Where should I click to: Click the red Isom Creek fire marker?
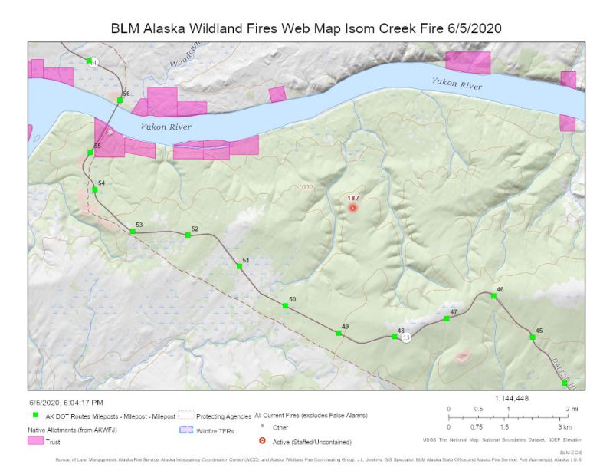click(352, 207)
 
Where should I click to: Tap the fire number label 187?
click(353, 197)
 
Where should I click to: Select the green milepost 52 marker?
click(188, 235)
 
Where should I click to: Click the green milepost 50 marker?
click(285, 306)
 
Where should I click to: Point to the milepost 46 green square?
click(493, 295)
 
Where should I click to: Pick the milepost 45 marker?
click(533, 337)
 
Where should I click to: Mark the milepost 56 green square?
click(120, 100)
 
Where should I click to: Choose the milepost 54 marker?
click(94, 189)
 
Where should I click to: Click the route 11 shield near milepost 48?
click(406, 337)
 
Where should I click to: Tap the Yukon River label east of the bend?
click(457, 84)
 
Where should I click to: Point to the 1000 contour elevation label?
click(306, 187)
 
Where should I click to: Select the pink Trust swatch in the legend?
click(35, 441)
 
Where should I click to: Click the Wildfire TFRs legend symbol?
click(185, 431)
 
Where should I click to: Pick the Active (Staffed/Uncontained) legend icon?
click(262, 441)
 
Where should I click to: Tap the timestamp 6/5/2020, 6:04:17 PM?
click(67, 402)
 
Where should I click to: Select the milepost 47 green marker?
click(447, 318)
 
